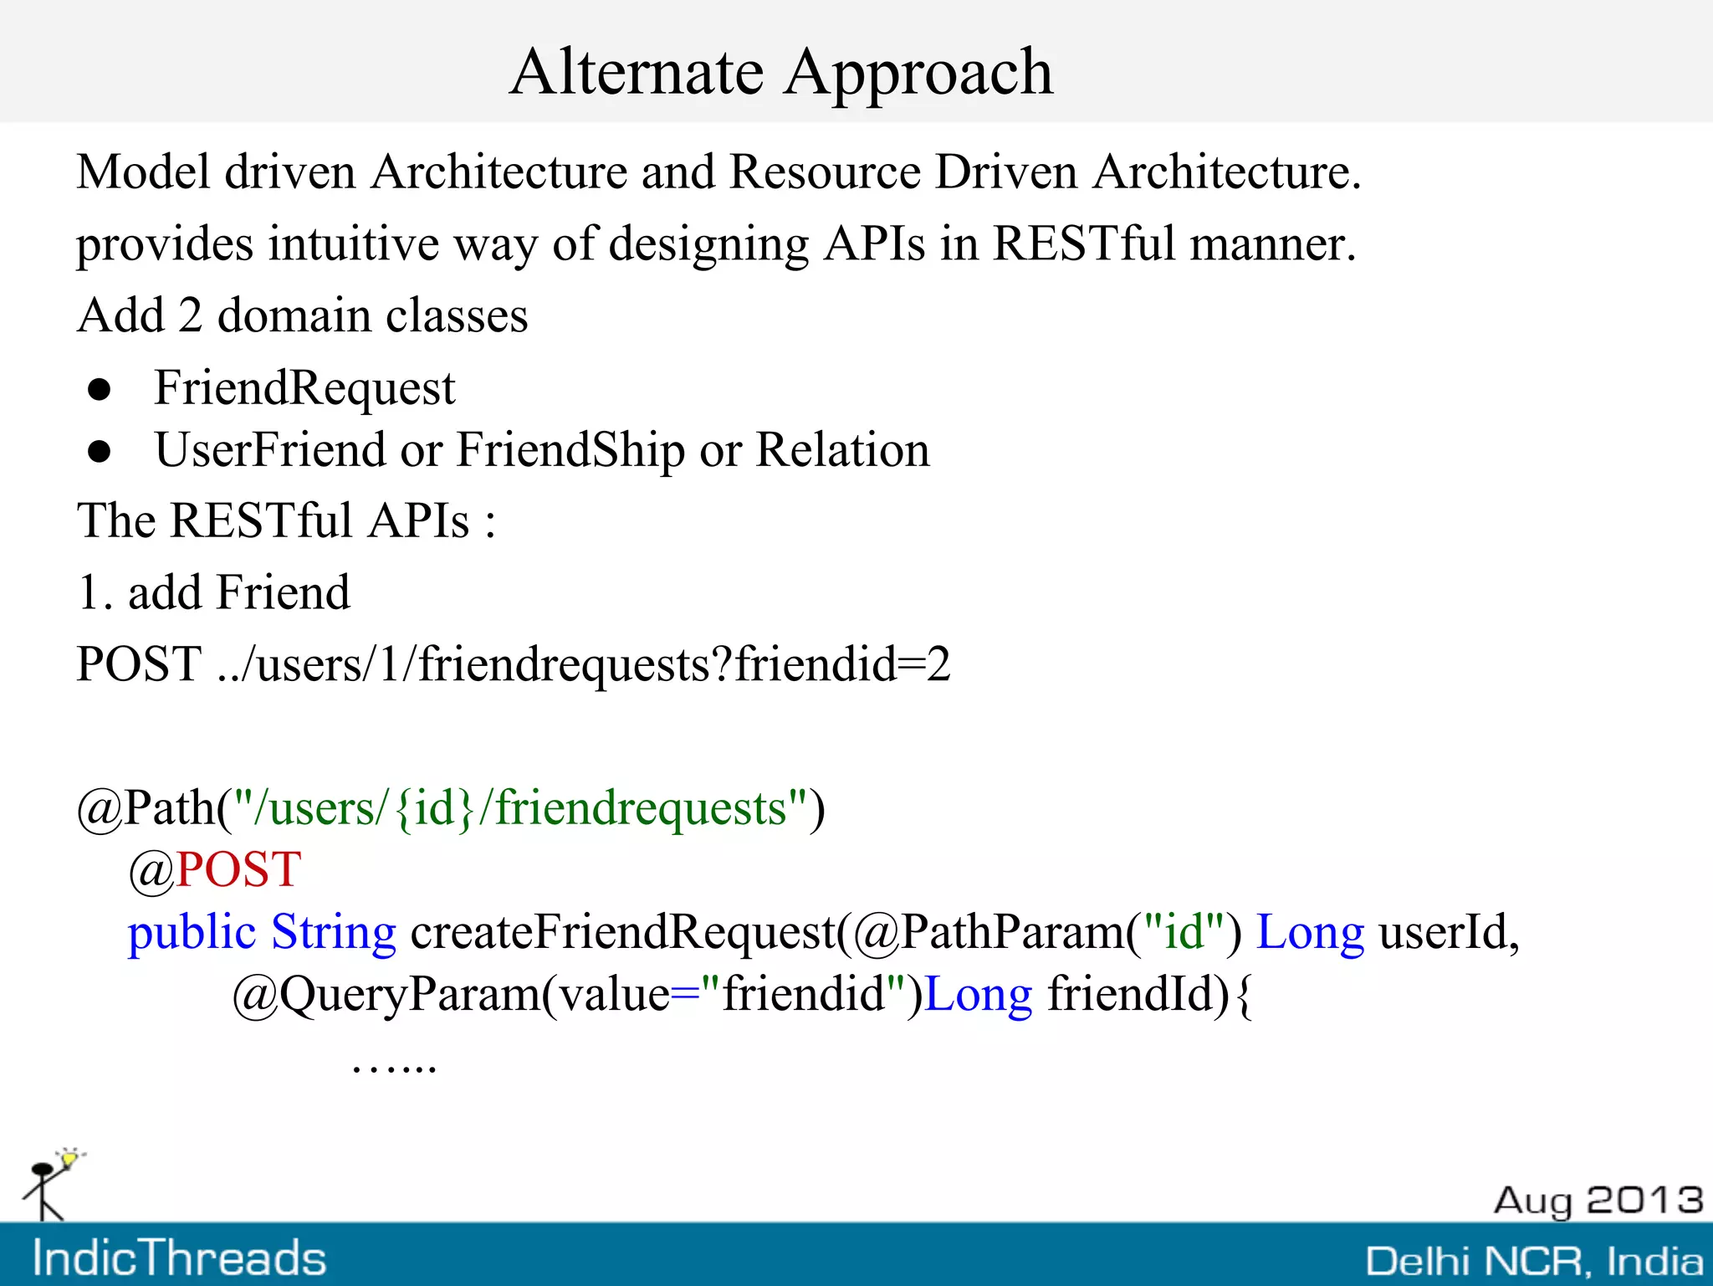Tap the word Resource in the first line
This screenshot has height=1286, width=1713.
[824, 172]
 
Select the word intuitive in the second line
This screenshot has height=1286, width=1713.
[353, 244]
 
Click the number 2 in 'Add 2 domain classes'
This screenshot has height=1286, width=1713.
[190, 316]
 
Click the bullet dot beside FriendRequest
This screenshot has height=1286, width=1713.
[100, 390]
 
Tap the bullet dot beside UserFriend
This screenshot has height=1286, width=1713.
[100, 452]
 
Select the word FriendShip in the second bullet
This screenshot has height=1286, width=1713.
[570, 452]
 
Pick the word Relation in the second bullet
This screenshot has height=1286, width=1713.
[842, 450]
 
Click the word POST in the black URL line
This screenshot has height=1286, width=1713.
[139, 664]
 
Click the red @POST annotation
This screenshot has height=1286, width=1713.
[215, 870]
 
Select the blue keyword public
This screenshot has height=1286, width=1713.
[191, 933]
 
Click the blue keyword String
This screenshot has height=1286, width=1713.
[333, 933]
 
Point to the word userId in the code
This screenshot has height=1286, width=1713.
[1447, 932]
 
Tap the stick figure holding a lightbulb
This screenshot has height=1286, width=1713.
[50, 1184]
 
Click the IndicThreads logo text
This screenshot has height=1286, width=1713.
[179, 1258]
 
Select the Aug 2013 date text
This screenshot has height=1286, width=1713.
[1598, 1201]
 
